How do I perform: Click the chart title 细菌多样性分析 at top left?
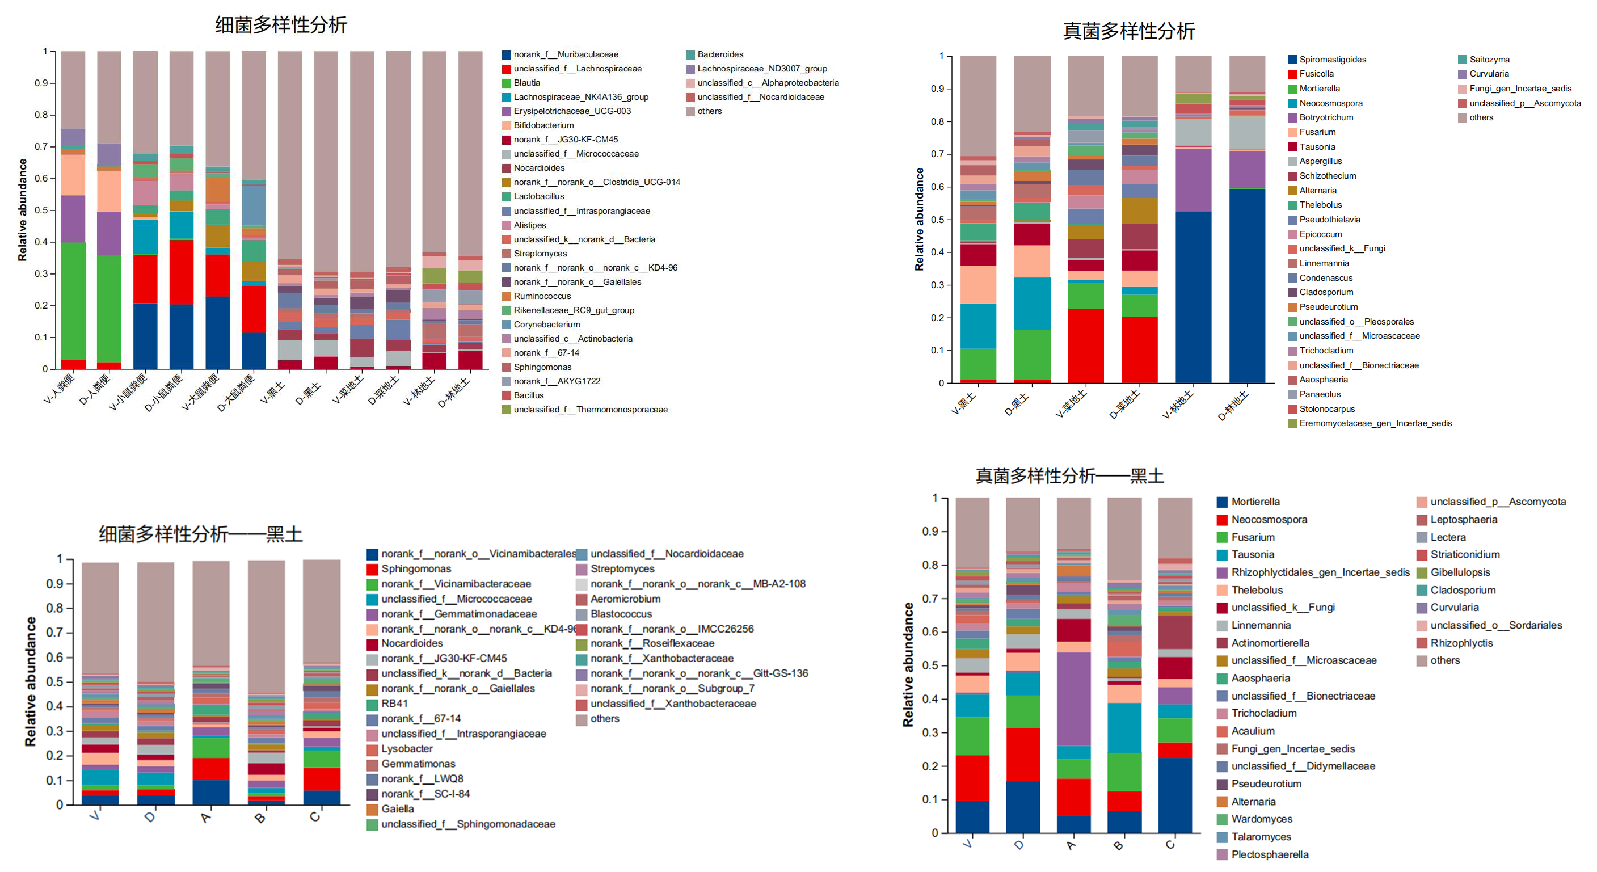[281, 25]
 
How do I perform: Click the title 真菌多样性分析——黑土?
[1069, 475]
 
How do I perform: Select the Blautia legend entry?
[526, 83]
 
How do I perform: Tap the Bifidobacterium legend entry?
[543, 125]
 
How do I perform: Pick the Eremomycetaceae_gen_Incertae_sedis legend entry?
[1375, 423]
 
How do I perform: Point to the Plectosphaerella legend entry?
[1269, 854]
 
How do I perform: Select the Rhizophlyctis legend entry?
[1461, 643]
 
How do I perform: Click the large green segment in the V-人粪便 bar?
[73, 301]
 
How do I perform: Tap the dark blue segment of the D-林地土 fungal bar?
[1247, 285]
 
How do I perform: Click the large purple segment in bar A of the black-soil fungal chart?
[1074, 698]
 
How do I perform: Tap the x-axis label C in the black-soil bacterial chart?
[315, 818]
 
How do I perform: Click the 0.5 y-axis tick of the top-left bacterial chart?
[41, 210]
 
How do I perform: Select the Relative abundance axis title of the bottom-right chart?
[908, 664]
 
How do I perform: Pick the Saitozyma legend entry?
[1489, 60]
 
